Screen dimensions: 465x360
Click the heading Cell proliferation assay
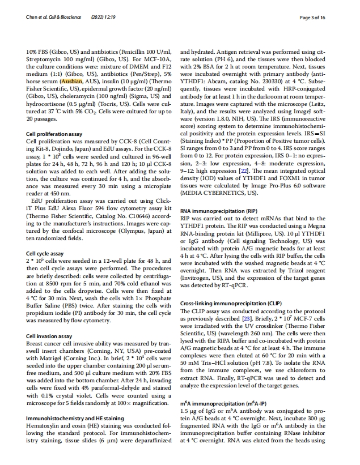click(56, 134)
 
